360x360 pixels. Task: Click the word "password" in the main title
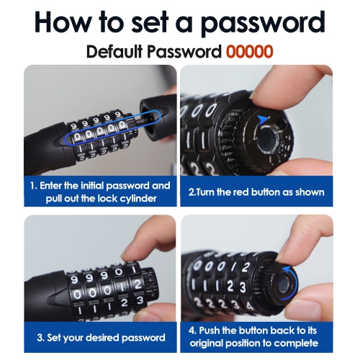pos(263,22)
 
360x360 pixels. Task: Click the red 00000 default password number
pos(249,52)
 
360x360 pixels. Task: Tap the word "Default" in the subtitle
pos(114,51)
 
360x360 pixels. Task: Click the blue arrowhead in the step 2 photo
pos(264,119)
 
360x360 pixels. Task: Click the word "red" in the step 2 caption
pos(241,192)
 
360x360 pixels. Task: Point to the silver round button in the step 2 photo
pos(268,139)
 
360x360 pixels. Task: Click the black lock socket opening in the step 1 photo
pos(151,121)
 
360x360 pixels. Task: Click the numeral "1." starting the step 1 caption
pos(34,186)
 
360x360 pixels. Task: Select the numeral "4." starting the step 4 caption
pos(192,330)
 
